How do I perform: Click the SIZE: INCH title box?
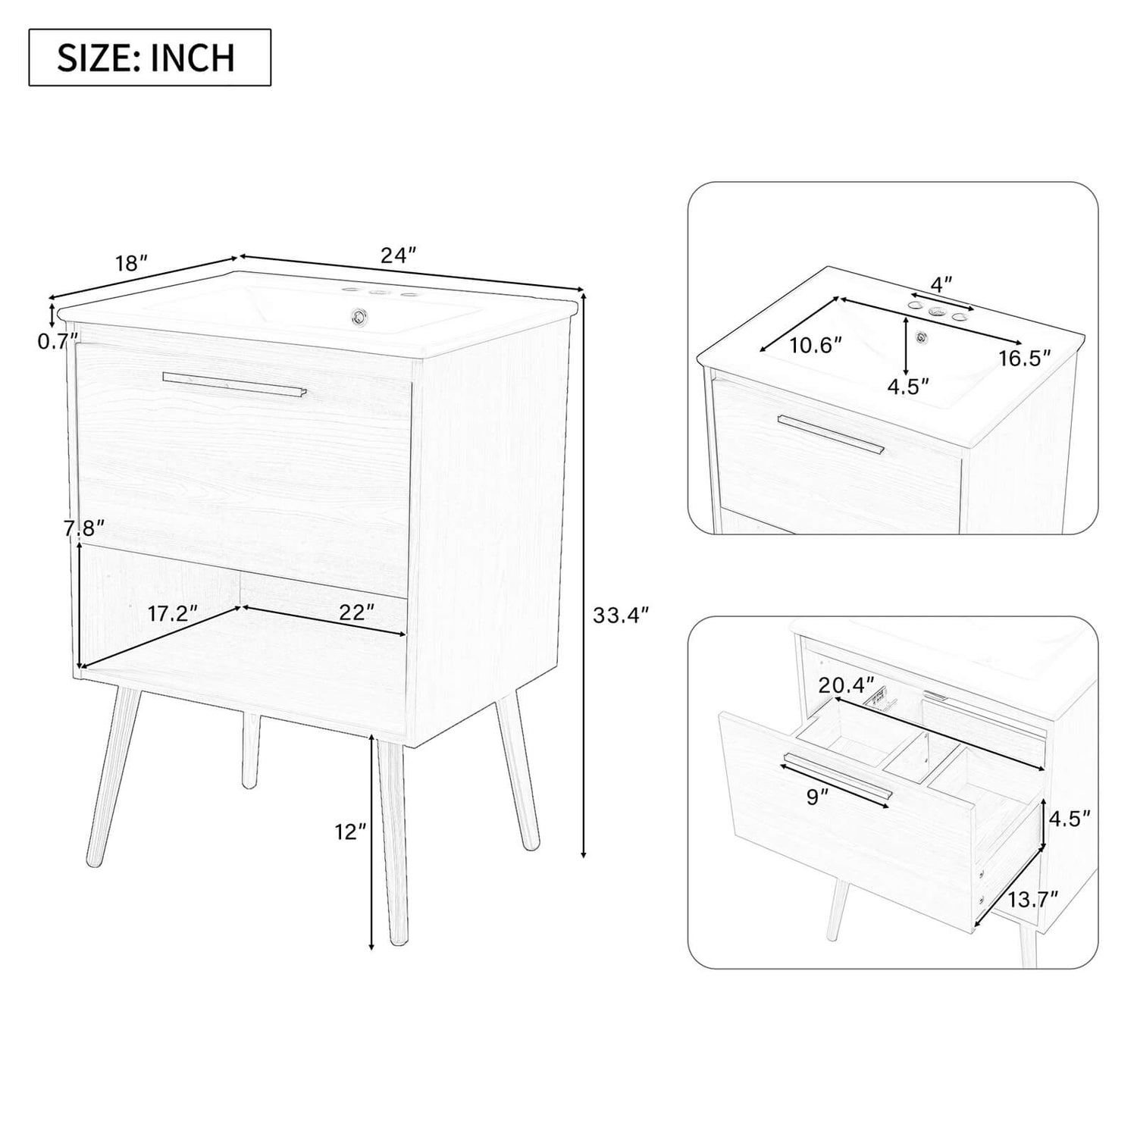click(x=149, y=58)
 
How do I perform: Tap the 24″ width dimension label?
click(x=399, y=255)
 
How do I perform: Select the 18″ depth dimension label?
click(x=131, y=264)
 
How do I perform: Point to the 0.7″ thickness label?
click(x=58, y=341)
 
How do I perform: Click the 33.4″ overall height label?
click(x=621, y=615)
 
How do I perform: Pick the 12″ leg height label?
click(x=350, y=832)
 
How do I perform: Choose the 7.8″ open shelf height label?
click(x=83, y=528)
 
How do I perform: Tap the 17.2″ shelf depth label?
click(x=172, y=613)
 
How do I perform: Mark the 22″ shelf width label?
click(x=356, y=612)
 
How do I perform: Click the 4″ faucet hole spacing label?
click(x=941, y=285)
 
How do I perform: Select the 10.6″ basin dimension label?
click(x=816, y=346)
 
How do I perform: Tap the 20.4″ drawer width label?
click(x=846, y=685)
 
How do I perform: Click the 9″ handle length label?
click(x=816, y=797)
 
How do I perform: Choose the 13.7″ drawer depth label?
click(x=1032, y=900)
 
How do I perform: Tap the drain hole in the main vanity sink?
click(x=356, y=313)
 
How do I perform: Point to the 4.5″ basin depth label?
click(x=908, y=387)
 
